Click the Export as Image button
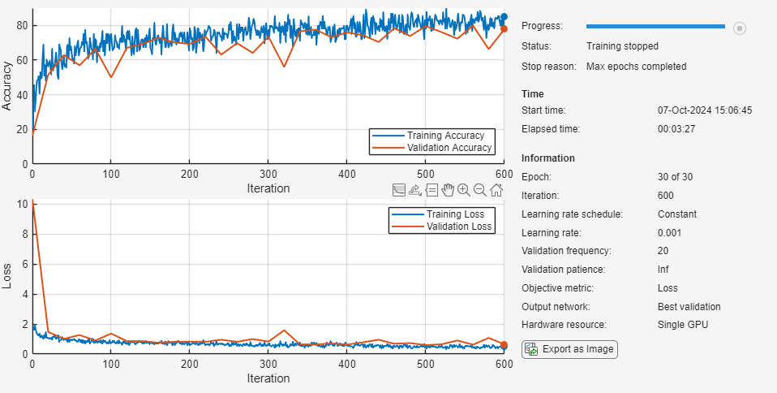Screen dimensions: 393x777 pyautogui.click(x=569, y=349)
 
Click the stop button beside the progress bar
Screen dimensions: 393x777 pyautogui.click(x=739, y=28)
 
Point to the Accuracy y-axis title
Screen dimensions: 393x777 pyautogui.click(x=7, y=87)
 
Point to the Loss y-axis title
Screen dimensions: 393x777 pyautogui.click(x=7, y=277)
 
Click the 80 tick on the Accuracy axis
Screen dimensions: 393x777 pyautogui.click(x=22, y=25)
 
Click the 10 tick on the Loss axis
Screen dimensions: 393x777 pyautogui.click(x=22, y=204)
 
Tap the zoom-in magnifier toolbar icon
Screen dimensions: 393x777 pyautogui.click(x=463, y=190)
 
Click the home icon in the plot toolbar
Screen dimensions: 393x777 pyautogui.click(x=496, y=190)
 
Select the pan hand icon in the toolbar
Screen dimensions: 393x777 pyautogui.click(x=447, y=190)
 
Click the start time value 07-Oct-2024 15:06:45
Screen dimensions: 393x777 pyautogui.click(x=705, y=110)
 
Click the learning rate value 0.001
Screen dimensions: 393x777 pyautogui.click(x=671, y=233)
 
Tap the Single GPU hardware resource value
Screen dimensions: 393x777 pyautogui.click(x=682, y=325)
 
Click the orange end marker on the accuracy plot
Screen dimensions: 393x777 pyautogui.click(x=504, y=29)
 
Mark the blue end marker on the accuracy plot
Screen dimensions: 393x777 pyautogui.click(x=504, y=17)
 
